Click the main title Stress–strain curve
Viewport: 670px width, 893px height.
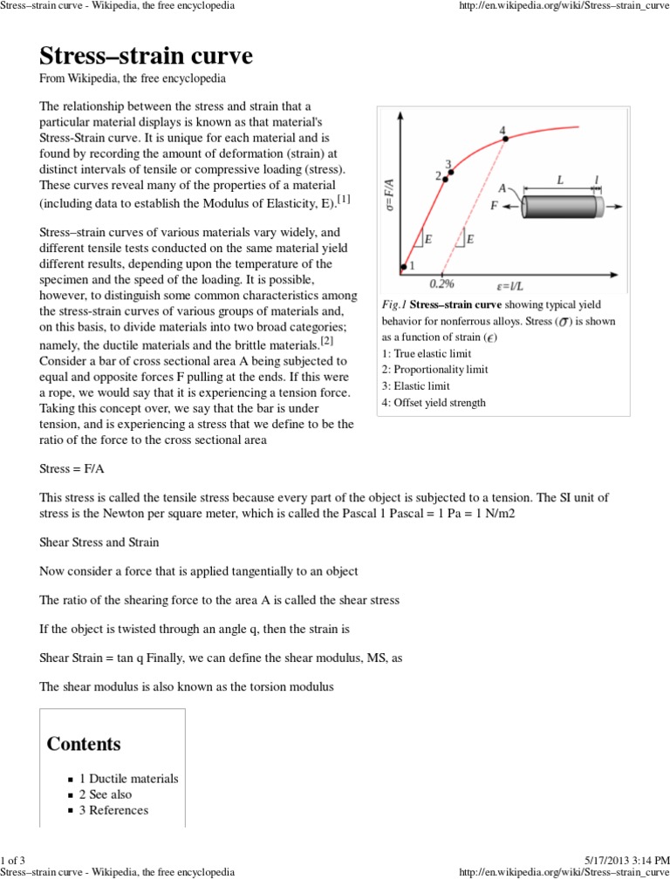click(146, 57)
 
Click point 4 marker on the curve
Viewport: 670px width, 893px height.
click(504, 138)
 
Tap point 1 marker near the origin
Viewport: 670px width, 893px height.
click(404, 267)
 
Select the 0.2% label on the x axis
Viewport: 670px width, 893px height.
click(442, 283)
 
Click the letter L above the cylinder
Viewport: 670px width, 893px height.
click(560, 178)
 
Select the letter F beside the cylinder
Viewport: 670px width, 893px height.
click(496, 207)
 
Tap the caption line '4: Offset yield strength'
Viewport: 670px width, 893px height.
click(434, 402)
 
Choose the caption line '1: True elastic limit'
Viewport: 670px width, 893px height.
click(427, 352)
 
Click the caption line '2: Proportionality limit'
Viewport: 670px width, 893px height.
click(435, 369)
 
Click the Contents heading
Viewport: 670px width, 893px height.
click(84, 744)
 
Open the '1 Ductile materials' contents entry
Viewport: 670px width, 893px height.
click(128, 779)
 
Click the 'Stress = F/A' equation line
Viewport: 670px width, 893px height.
click(73, 469)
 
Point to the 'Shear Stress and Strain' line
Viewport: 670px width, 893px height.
click(99, 542)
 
